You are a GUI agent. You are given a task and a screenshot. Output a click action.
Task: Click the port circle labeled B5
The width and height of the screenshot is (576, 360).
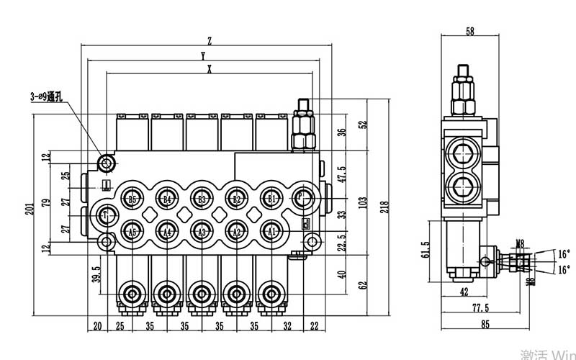pos(132,199)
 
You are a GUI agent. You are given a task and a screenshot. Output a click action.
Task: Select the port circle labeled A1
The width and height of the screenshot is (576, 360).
pos(271,231)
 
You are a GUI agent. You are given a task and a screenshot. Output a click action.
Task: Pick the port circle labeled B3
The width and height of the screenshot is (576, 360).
pos(202,199)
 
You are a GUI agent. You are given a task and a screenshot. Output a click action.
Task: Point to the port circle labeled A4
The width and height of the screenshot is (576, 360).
pos(166,231)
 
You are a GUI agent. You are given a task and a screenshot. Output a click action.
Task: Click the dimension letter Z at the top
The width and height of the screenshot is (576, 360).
pos(208,40)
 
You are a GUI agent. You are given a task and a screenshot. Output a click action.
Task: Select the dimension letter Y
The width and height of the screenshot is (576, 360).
pos(204,55)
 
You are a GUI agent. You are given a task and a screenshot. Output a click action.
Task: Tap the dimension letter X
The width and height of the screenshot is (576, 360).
pos(209,69)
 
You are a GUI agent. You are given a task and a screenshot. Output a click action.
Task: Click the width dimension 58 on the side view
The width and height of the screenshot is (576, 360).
pos(470,32)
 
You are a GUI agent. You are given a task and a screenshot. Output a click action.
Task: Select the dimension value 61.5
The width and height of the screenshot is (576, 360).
pos(426,250)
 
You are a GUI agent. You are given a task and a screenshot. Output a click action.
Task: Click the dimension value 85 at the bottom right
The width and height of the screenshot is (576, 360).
pos(485,325)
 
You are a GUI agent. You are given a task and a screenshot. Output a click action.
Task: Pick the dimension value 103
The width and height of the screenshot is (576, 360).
pos(364,201)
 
